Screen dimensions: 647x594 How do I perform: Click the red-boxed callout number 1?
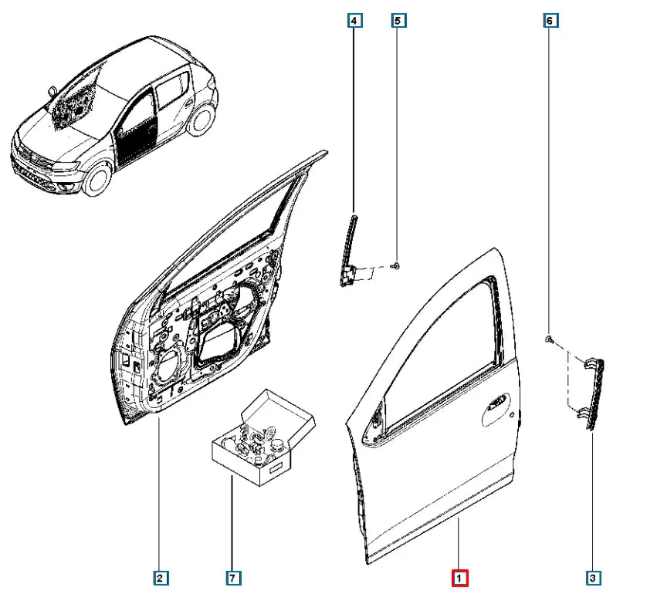(459, 578)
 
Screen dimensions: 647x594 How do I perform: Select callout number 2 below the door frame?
(160, 578)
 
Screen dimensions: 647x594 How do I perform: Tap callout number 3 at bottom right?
(593, 578)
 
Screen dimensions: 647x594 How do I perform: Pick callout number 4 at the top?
(354, 20)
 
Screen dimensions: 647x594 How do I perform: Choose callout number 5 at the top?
(398, 20)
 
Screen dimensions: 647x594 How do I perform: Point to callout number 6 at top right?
(550, 20)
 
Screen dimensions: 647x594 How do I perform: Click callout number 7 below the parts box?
(232, 578)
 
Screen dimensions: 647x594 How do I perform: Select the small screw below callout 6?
(549, 339)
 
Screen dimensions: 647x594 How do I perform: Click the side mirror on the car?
(52, 91)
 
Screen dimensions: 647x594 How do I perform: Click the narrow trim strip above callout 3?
(594, 394)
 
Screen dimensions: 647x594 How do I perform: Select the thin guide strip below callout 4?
(349, 250)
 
